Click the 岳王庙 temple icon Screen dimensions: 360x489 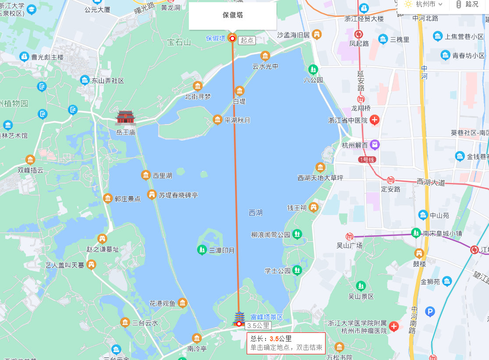[x=126, y=117]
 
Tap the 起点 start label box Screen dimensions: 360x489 [x=247, y=40]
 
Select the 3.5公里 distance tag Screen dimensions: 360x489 [x=258, y=326]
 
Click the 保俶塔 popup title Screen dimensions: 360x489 [x=233, y=15]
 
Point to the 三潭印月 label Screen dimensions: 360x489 [x=222, y=251]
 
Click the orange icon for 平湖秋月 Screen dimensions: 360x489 [x=217, y=120]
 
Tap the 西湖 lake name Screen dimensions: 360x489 [x=255, y=213]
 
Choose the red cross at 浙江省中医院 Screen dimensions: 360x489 [x=374, y=120]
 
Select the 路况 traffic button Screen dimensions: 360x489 [x=468, y=4]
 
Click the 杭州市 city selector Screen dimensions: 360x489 [x=424, y=4]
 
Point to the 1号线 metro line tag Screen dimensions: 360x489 [x=367, y=160]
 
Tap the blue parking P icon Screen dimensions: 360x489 [x=430, y=312]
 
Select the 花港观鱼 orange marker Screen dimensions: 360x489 [x=182, y=303]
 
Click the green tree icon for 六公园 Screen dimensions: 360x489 [x=313, y=69]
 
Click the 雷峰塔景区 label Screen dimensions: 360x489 [x=266, y=317]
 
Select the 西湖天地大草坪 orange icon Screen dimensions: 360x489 [x=320, y=167]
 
